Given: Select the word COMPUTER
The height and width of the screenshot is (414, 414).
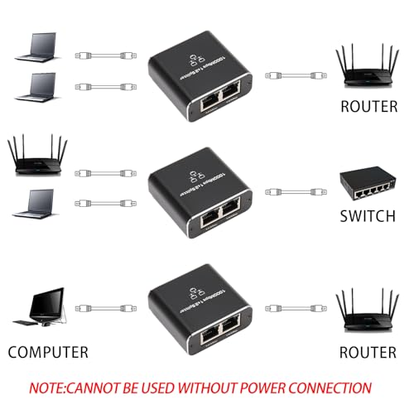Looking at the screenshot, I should tap(48, 352).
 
